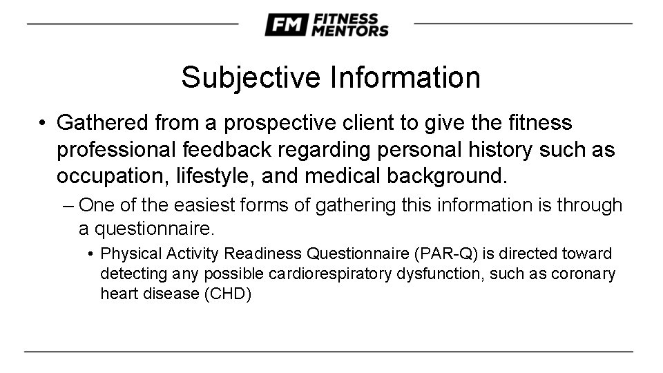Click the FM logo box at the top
285,25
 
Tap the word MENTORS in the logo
349,30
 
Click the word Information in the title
404,77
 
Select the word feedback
215,150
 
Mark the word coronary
584,274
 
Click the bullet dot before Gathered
44,124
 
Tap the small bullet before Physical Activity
92,255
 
